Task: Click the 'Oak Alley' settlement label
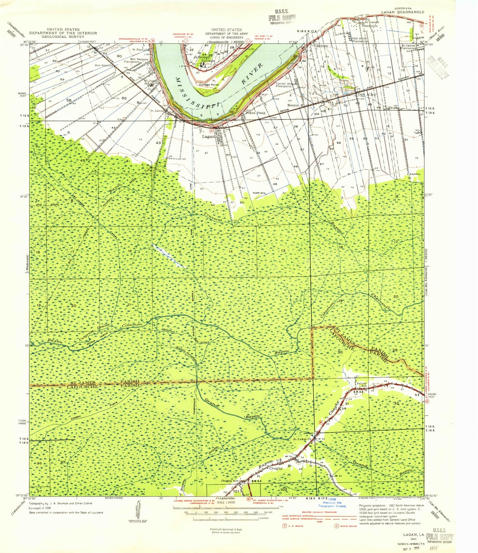click(x=366, y=94)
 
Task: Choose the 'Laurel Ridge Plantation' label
click(x=284, y=85)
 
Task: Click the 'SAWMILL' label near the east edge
click(x=414, y=174)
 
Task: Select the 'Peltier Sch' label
click(x=362, y=385)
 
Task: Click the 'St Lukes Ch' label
click(x=302, y=439)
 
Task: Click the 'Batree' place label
click(x=322, y=46)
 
